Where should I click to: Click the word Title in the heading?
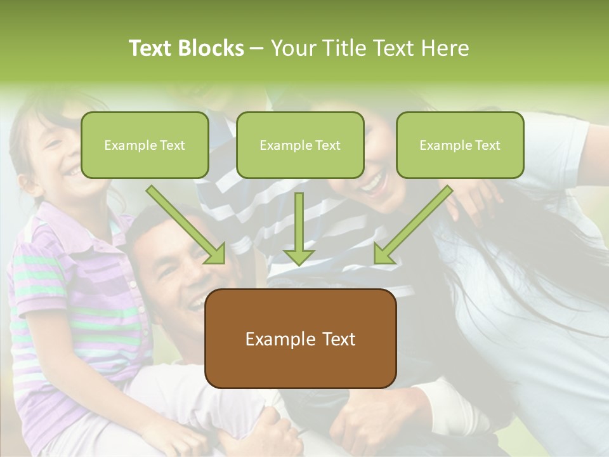(x=343, y=48)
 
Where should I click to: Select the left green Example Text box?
(x=145, y=145)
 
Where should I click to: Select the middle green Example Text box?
(x=300, y=145)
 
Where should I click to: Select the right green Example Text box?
(x=460, y=145)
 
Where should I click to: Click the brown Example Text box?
(x=300, y=339)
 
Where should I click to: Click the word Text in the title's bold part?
(x=150, y=48)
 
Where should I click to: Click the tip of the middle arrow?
(x=299, y=263)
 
